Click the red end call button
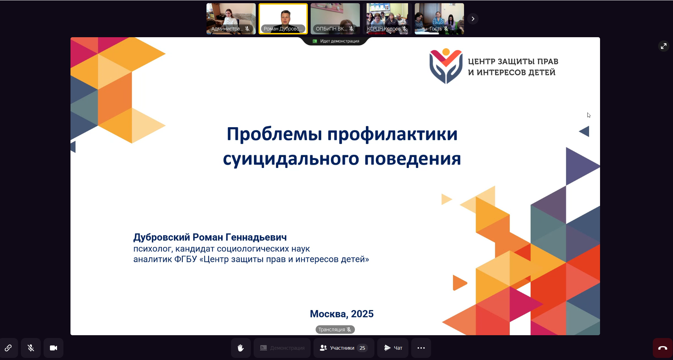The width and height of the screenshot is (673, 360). tap(663, 348)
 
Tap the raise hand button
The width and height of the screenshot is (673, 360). tap(241, 348)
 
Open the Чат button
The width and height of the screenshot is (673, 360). tap(393, 348)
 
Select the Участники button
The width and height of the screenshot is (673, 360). tap(344, 348)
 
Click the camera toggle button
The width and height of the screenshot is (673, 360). tap(53, 348)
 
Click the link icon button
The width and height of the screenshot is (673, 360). tap(8, 348)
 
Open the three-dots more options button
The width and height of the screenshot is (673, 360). tap(421, 348)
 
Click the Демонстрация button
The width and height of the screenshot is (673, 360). tap(282, 348)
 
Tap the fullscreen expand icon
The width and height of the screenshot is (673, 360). tap(663, 46)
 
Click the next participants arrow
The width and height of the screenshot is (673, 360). tap(473, 19)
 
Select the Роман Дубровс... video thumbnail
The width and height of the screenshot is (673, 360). tap(283, 19)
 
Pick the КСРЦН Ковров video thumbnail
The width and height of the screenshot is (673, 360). tap(387, 19)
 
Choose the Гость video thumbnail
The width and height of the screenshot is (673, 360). tap(439, 19)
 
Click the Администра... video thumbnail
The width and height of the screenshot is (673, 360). tap(231, 19)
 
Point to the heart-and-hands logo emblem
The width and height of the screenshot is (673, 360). tap(446, 66)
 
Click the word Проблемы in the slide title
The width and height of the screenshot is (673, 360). tap(275, 134)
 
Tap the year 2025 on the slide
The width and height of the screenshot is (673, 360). tap(362, 314)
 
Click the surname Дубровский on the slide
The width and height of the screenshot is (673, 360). tap(162, 237)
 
